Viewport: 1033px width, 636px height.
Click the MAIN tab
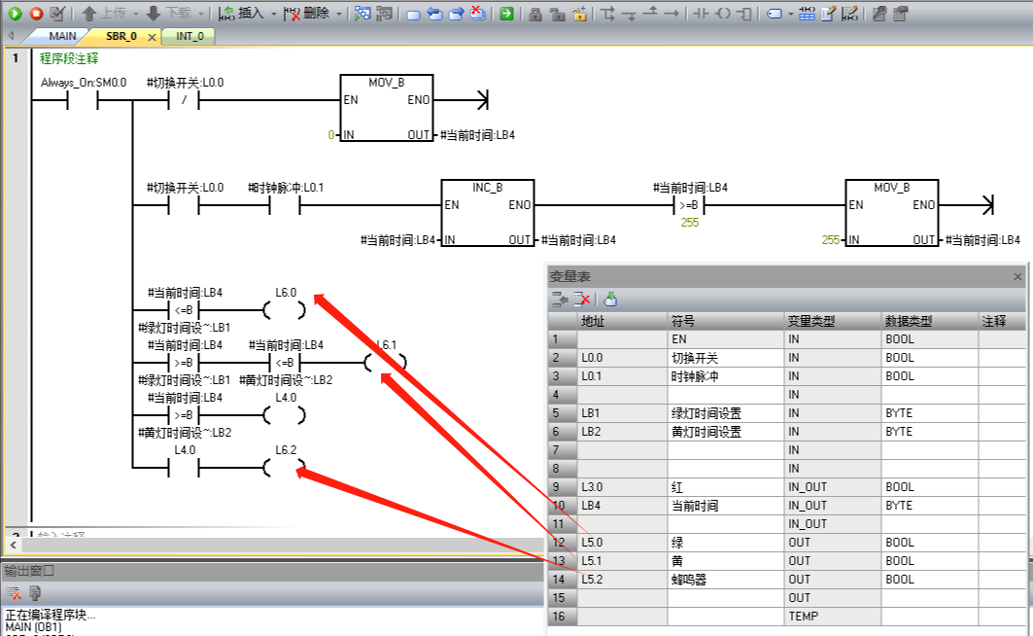pyautogui.click(x=62, y=36)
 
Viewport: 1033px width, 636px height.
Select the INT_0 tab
pyautogui.click(x=189, y=36)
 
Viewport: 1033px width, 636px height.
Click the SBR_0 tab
pyautogui.click(x=121, y=36)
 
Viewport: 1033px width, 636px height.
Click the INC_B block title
pyautogui.click(x=487, y=188)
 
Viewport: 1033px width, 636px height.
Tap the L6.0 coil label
pyautogui.click(x=286, y=292)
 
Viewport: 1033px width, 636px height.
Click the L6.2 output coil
pyautogui.click(x=284, y=469)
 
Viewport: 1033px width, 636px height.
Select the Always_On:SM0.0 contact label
pyautogui.click(x=84, y=83)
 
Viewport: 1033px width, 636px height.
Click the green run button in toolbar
pyautogui.click(x=15, y=13)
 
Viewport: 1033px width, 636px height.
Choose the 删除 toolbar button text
pyautogui.click(x=316, y=14)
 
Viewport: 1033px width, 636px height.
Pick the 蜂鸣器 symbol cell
pyautogui.click(x=690, y=580)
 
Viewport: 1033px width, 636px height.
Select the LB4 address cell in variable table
pyautogui.click(x=593, y=506)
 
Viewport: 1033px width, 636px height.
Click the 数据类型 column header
pyautogui.click(x=908, y=321)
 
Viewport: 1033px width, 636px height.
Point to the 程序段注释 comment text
pyautogui.click(x=69, y=58)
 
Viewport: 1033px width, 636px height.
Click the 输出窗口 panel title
pyautogui.click(x=29, y=571)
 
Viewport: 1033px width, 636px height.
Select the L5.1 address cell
pyautogui.click(x=593, y=561)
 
